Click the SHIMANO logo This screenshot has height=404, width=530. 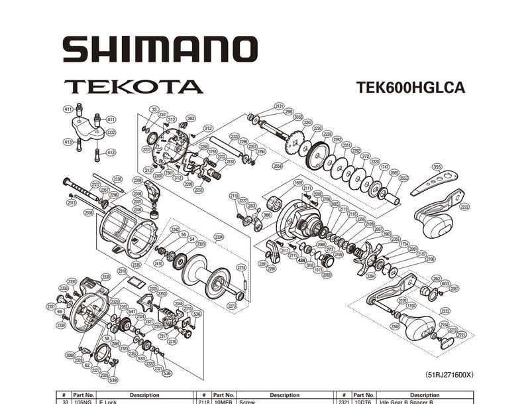point(160,50)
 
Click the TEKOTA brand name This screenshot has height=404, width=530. point(132,87)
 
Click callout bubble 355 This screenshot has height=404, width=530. point(437,167)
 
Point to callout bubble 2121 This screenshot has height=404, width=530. point(279,105)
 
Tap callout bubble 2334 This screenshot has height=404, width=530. point(219,236)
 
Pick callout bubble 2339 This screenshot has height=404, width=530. point(105,277)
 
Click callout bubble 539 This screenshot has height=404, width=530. point(113,380)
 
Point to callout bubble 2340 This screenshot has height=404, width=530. point(395,326)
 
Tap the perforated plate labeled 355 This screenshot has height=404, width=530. point(435,182)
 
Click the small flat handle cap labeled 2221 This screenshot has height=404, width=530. point(447,342)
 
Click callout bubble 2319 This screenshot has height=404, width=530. point(123,271)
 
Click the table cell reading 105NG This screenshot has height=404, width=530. point(84,401)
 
